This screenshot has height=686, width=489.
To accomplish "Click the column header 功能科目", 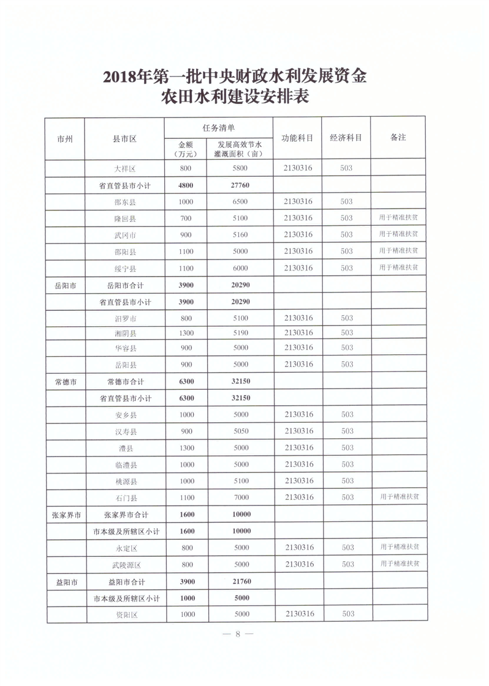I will tap(298, 138).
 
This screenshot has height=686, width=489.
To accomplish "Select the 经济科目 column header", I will tap(346, 138).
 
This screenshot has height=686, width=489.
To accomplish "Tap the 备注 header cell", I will tap(398, 138).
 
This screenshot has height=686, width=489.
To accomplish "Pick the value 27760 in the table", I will tap(241, 185).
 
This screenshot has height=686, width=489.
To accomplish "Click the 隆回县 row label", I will tap(125, 218).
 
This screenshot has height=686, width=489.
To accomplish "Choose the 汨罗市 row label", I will tap(125, 318).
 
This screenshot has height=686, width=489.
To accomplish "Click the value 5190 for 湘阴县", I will tap(241, 333).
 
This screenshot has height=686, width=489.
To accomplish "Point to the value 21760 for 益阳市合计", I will tap(241, 581).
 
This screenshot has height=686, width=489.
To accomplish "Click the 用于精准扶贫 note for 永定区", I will tap(400, 546).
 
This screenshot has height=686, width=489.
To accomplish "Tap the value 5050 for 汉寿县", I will tap(241, 431).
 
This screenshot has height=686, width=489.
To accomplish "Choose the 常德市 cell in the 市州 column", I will tap(66, 381).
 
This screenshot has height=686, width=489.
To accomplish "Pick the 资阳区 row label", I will tap(125, 614).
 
